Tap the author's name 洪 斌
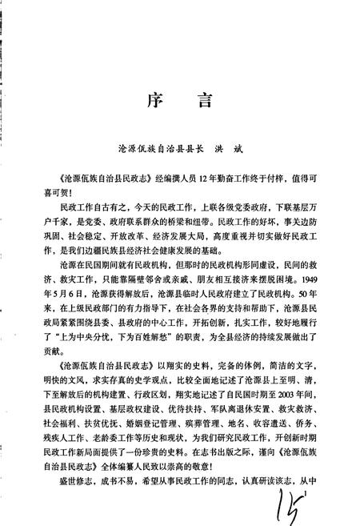tap(253, 147)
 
